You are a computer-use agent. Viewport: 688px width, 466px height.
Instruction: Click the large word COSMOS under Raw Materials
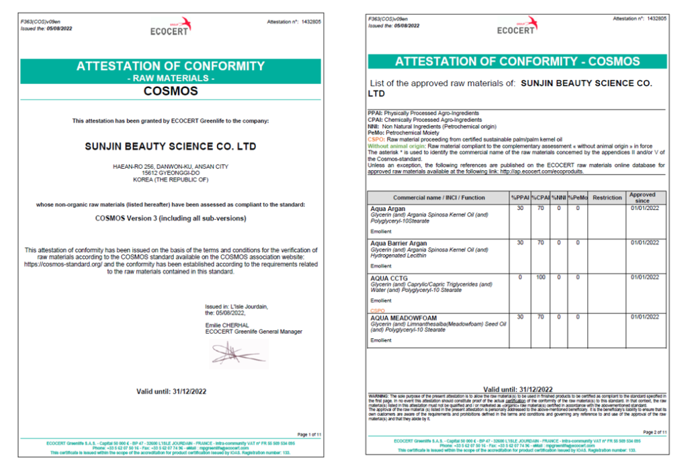tap(171, 91)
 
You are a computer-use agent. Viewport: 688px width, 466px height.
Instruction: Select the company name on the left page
tap(171, 145)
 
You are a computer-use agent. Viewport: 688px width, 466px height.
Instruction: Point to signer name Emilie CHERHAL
tap(227, 325)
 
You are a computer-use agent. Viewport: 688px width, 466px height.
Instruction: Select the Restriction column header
tap(607, 198)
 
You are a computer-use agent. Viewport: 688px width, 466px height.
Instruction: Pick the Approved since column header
tap(642, 198)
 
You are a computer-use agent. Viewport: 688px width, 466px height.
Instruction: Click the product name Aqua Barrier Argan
tap(399, 243)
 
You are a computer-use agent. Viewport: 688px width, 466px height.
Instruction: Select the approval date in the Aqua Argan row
tap(642, 209)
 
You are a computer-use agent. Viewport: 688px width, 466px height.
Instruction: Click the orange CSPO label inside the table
tap(378, 311)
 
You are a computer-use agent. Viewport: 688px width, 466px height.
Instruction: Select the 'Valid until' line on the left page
tap(171, 391)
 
